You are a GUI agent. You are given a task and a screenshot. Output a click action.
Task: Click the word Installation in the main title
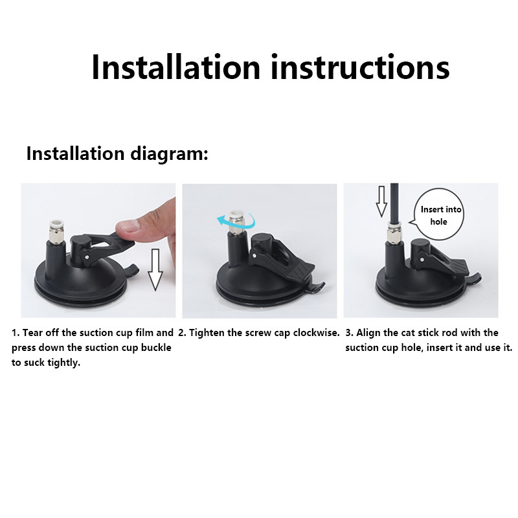(176, 67)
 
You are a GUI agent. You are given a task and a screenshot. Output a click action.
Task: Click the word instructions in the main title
(360, 67)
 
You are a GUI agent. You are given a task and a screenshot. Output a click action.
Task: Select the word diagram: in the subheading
(169, 153)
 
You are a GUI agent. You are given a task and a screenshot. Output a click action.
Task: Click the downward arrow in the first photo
(155, 269)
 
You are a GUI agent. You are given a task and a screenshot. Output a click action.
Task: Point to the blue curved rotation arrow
(236, 220)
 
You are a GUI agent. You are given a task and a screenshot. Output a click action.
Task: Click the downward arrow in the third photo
(381, 201)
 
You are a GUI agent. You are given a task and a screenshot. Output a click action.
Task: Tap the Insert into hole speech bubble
(439, 215)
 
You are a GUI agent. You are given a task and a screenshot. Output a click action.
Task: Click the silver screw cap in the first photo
(56, 231)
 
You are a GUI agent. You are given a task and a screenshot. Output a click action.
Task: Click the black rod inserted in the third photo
(394, 203)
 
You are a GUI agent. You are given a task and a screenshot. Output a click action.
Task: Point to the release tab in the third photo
(473, 278)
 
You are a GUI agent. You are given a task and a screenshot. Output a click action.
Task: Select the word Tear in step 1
(32, 333)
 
